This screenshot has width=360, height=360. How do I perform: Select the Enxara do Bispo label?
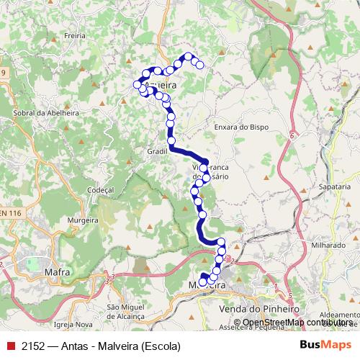coord(241,127)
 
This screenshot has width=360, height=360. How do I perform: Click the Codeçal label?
coord(100,189)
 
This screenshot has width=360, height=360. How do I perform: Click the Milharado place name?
coord(328,245)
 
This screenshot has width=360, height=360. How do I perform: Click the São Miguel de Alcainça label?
coord(132,311)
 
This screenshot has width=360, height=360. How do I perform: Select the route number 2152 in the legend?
coord(33,346)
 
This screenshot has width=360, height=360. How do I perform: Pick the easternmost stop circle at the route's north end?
coord(200,66)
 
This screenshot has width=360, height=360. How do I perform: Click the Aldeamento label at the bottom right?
coord(338,315)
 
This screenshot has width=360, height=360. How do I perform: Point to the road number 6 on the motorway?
coord(292,135)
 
